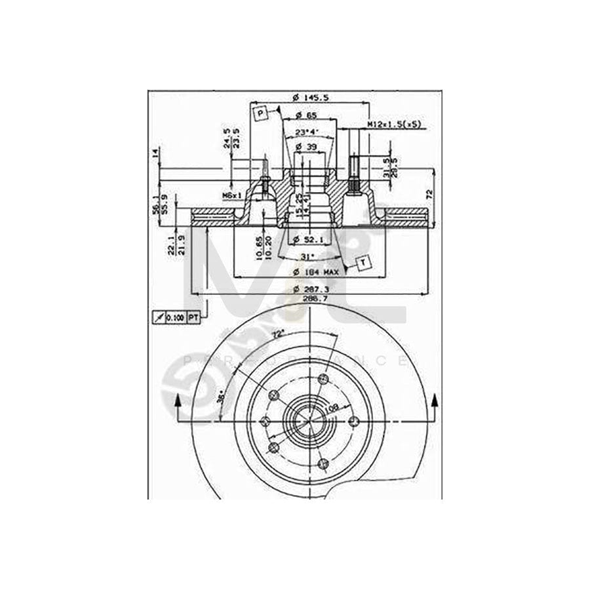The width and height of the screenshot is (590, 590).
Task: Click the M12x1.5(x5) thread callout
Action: click(x=393, y=124)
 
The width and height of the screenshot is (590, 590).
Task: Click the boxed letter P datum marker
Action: click(x=260, y=114)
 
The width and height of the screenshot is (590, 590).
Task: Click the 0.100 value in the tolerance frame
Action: click(x=174, y=317)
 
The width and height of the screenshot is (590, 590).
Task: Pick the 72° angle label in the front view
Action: click(x=278, y=334)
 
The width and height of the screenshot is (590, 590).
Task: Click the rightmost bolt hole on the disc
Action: click(x=354, y=421)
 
